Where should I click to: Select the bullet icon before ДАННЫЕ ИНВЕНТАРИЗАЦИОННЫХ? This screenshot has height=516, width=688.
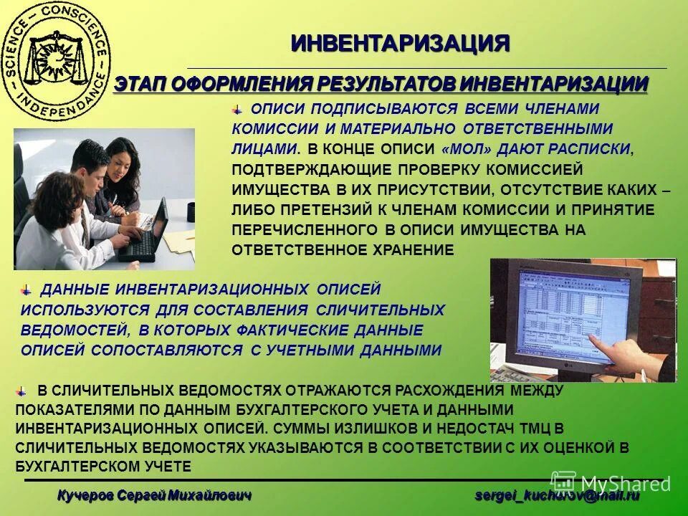click(x=27, y=289)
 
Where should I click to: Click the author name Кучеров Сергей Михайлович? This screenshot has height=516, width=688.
click(x=155, y=495)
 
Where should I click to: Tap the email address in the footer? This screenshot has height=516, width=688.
click(x=557, y=495)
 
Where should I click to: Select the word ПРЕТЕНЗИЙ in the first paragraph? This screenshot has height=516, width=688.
click(x=319, y=210)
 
